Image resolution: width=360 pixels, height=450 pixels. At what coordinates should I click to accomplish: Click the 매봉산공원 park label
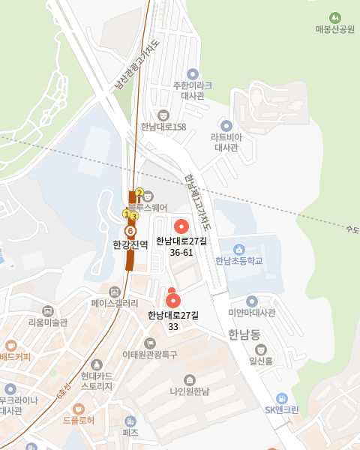pyautogui.click(x=334, y=29)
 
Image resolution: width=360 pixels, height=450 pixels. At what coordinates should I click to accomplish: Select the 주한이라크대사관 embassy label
pyautogui.click(x=193, y=90)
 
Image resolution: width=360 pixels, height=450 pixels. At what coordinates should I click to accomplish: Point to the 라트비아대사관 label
pyautogui.click(x=226, y=142)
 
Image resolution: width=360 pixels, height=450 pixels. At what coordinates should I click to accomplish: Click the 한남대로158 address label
pyautogui.click(x=163, y=126)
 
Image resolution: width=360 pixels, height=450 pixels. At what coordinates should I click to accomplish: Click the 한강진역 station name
pyautogui.click(x=130, y=244)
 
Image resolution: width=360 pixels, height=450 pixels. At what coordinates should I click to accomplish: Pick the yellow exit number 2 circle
pyautogui.click(x=139, y=193)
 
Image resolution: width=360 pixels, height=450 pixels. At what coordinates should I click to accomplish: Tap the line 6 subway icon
pyautogui.click(x=130, y=231)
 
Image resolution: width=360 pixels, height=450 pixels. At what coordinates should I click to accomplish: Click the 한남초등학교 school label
pyautogui.click(x=239, y=261)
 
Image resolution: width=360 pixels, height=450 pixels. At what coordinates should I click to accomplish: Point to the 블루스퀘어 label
pyautogui.click(x=147, y=207)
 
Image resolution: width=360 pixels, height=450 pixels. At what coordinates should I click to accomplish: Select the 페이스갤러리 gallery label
pyautogui.click(x=115, y=303)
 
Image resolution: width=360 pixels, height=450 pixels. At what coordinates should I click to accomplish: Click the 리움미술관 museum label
pyautogui.click(x=47, y=322)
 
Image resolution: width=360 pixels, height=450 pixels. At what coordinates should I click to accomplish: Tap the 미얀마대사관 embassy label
pyautogui.click(x=252, y=312)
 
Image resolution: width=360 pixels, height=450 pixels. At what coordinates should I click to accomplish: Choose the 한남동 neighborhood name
pyautogui.click(x=244, y=334)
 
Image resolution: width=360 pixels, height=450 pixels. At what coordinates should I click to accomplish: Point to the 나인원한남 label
pyautogui.click(x=189, y=391)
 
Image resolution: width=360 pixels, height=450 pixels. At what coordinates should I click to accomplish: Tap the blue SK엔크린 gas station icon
pyautogui.click(x=281, y=398)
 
